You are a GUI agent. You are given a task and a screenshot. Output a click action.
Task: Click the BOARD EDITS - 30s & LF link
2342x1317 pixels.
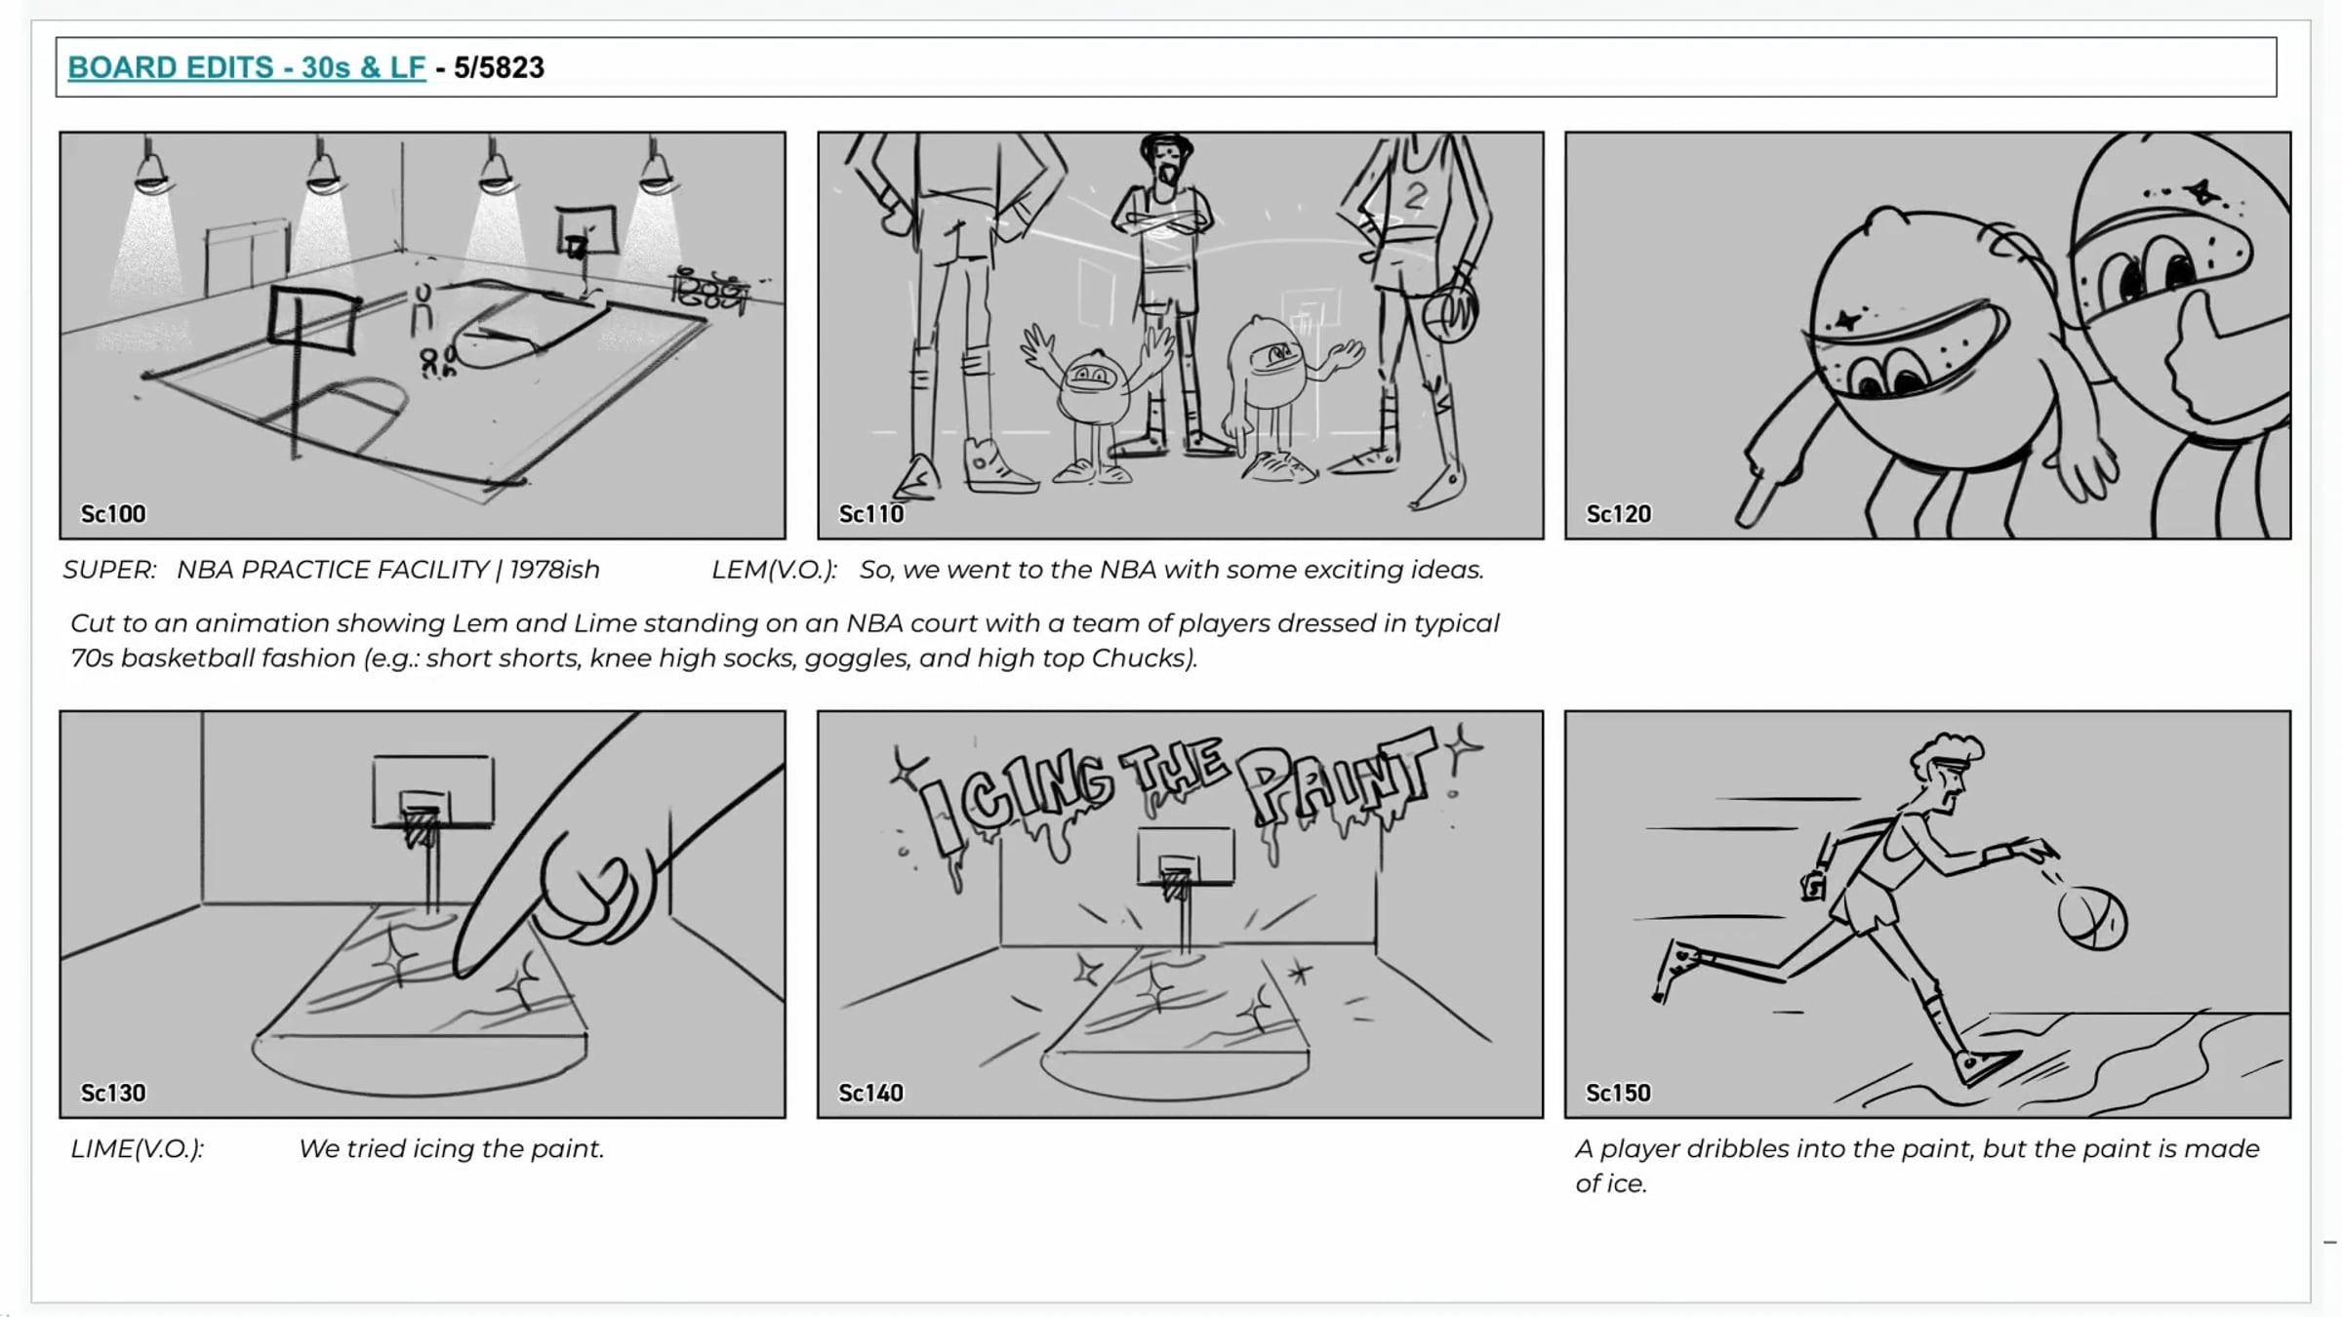pyautogui.click(x=247, y=67)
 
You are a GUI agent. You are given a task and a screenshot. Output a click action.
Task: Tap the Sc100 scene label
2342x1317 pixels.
pyautogui.click(x=113, y=514)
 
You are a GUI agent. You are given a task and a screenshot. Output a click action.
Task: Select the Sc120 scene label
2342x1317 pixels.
pyautogui.click(x=1619, y=514)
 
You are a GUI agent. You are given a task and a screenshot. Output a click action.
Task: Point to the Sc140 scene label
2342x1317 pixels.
pyautogui.click(x=871, y=1093)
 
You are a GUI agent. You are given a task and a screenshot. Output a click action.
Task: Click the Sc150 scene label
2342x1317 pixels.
pyautogui.click(x=1619, y=1093)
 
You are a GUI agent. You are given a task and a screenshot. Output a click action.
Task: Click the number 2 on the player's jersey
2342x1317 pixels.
pyautogui.click(x=1415, y=196)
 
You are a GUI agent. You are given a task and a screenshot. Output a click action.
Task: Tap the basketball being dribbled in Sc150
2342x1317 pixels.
pyautogui.click(x=2092, y=917)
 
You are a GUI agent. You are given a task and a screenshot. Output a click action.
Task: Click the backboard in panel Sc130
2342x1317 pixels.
pyautogui.click(x=432, y=790)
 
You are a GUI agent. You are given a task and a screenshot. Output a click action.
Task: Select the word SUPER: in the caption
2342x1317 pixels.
pyautogui.click(x=109, y=570)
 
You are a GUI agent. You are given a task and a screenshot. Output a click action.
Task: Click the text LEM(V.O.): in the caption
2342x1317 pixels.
pyautogui.click(x=774, y=570)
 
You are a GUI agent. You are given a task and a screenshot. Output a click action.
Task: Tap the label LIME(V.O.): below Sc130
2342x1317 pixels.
pyautogui.click(x=138, y=1149)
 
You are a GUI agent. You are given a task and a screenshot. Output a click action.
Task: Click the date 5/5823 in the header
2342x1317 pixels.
pyautogui.click(x=499, y=67)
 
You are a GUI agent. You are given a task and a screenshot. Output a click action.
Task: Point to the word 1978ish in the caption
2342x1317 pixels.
pyautogui.click(x=554, y=570)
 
